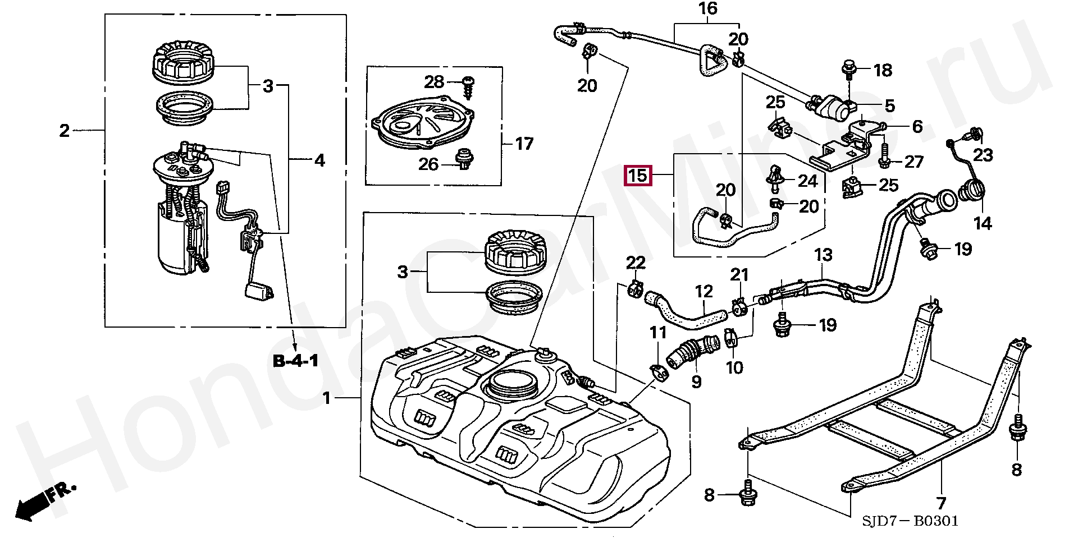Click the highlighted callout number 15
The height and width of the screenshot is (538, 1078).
[638, 176]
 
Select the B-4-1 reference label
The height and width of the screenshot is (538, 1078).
[296, 361]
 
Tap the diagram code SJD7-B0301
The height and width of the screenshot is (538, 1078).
[910, 522]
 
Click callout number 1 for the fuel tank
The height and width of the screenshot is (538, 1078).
[327, 399]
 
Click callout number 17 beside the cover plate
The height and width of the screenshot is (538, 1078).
[524, 144]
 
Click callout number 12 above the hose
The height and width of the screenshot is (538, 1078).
[704, 291]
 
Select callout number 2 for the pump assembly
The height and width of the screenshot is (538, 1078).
[65, 131]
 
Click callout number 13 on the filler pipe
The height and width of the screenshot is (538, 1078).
[823, 255]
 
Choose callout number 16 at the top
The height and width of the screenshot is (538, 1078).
[708, 8]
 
